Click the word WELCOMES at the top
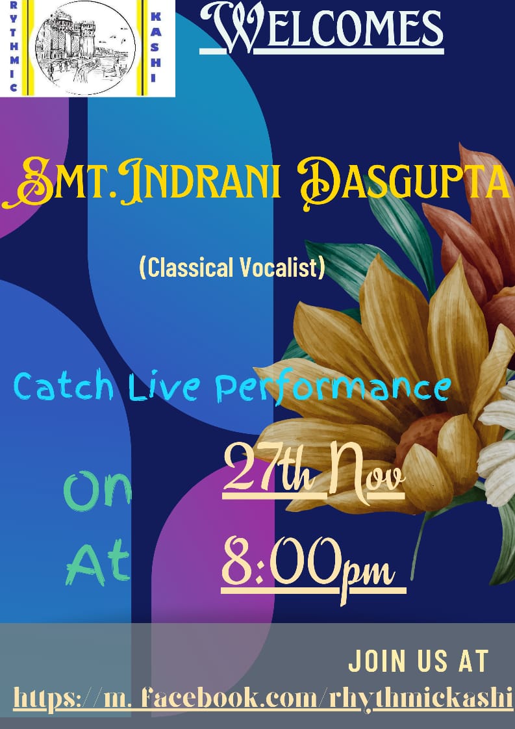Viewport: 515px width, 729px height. click(x=322, y=27)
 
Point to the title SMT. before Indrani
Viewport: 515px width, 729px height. click(x=60, y=182)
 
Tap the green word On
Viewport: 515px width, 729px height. click(x=98, y=491)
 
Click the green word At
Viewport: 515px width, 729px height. click(x=97, y=562)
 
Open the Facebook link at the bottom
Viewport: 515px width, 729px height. click(x=263, y=698)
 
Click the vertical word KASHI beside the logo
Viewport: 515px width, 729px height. click(x=156, y=47)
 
